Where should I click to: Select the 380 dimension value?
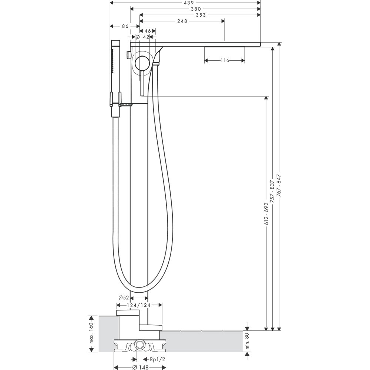[x=196, y=9]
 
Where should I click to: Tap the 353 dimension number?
[x=201, y=15]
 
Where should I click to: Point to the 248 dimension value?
[x=182, y=21]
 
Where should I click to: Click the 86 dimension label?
[x=125, y=26]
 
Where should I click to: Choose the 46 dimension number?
[x=148, y=31]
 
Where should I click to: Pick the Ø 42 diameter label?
[x=142, y=37]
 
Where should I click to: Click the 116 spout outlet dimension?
[x=225, y=61]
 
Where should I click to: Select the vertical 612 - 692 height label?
[x=266, y=213]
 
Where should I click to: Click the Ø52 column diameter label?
[x=124, y=297]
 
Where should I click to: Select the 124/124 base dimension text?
[x=139, y=305]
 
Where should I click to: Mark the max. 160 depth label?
[x=91, y=333]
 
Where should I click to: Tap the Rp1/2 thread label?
[x=158, y=359]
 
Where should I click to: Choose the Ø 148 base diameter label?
[x=140, y=367]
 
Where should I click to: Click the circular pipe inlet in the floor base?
[x=140, y=345]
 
